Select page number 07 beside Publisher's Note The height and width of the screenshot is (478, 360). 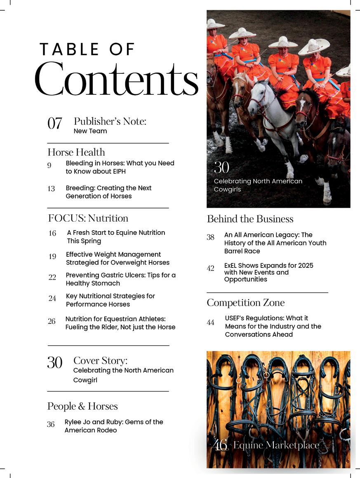pyautogui.click(x=55, y=123)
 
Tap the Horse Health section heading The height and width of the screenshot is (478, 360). pyautogui.click(x=76, y=152)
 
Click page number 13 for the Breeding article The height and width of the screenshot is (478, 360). pyautogui.click(x=51, y=189)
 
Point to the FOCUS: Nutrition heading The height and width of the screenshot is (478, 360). pyautogui.click(x=88, y=218)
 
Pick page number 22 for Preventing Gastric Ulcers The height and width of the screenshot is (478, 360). pyautogui.click(x=52, y=277)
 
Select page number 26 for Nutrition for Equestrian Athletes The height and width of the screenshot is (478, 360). pyautogui.click(x=52, y=321)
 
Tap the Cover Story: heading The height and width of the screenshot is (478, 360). pyautogui.click(x=100, y=361)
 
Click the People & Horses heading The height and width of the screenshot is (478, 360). pyautogui.click(x=82, y=406)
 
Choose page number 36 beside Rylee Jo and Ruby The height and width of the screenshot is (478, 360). pyautogui.click(x=51, y=424)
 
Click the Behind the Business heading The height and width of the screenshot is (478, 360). pyautogui.click(x=250, y=219)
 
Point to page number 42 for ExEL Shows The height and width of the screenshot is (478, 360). pyautogui.click(x=210, y=268)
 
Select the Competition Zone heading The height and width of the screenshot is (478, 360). pyautogui.click(x=245, y=303)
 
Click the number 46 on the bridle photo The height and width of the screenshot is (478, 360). pyautogui.click(x=221, y=445)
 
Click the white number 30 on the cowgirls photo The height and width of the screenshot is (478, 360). pyautogui.click(x=221, y=167)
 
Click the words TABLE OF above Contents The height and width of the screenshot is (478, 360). pyautogui.click(x=87, y=49)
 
